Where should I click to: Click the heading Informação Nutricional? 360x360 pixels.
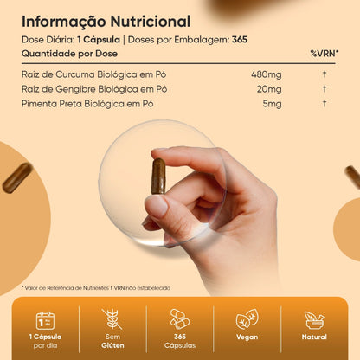pos(107,20)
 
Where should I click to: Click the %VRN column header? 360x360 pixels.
pos(325,54)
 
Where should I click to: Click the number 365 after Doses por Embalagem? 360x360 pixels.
pos(241,39)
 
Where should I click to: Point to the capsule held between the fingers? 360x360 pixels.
pos(158,177)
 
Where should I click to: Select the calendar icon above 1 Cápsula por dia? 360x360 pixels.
pos(45,320)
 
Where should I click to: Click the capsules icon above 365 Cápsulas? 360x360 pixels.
pos(180,318)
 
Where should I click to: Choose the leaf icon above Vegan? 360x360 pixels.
pos(247,319)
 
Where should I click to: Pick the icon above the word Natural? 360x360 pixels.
pos(314,319)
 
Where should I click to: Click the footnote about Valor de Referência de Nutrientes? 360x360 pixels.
pos(94,287)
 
